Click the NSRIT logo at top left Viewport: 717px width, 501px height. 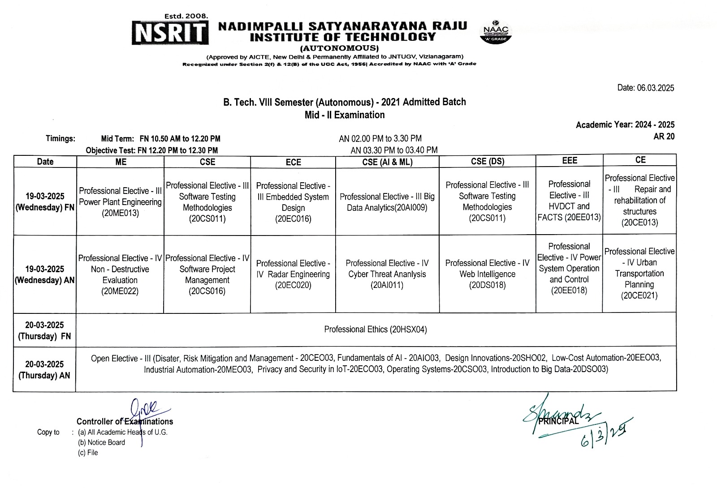pyautogui.click(x=170, y=33)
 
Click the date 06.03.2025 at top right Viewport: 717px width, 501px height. pyautogui.click(x=645, y=88)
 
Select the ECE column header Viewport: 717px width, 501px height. pyautogui.click(x=293, y=162)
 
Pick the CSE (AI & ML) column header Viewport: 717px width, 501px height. pyautogui.click(x=387, y=162)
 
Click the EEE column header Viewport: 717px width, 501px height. pyautogui.click(x=569, y=160)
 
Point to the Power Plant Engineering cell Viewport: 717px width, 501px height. pyautogui.click(x=120, y=202)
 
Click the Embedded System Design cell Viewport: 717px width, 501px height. pyautogui.click(x=293, y=202)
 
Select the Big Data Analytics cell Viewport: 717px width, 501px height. pyautogui.click(x=387, y=202)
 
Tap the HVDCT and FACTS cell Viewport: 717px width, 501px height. pyautogui.click(x=569, y=201)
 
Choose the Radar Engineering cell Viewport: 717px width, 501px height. pyautogui.click(x=293, y=274)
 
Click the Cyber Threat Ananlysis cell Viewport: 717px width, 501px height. pyautogui.click(x=387, y=274)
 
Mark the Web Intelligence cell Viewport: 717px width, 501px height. pyautogui.click(x=487, y=274)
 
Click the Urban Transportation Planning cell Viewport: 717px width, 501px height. pyautogui.click(x=639, y=273)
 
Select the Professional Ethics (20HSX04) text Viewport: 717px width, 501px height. pyautogui.click(x=376, y=330)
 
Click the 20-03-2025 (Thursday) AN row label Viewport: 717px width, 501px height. pyautogui.click(x=44, y=369)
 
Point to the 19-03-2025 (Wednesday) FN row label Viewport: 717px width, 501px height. pyautogui.click(x=44, y=202)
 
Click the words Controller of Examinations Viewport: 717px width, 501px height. pyautogui.click(x=125, y=421)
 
